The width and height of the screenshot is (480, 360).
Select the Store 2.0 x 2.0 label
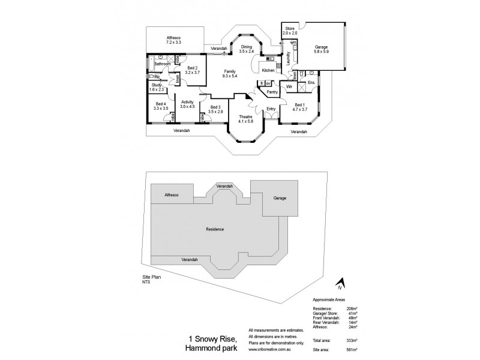tap(290, 31)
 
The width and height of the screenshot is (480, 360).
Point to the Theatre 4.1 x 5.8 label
tap(246, 119)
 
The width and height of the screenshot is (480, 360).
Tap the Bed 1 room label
tap(300, 107)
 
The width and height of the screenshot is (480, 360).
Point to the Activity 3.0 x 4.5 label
tap(188, 105)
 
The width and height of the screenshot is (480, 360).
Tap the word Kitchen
tap(268, 71)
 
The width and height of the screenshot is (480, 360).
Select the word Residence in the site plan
tap(215, 229)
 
